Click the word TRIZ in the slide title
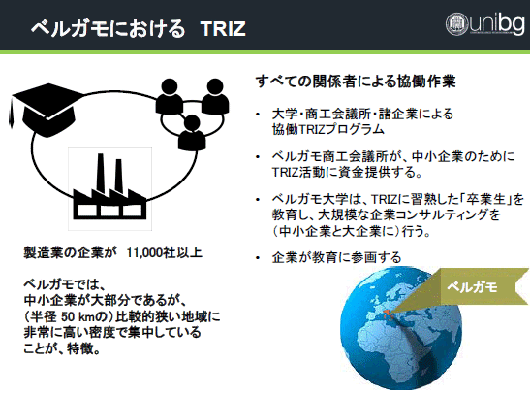(x=223, y=29)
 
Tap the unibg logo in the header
(x=485, y=23)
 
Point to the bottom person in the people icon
(x=192, y=133)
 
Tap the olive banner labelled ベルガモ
(x=480, y=287)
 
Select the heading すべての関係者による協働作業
(x=356, y=82)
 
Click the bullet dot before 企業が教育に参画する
(x=258, y=258)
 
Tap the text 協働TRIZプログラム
(x=328, y=129)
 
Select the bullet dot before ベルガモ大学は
(x=258, y=200)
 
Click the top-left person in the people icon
(x=170, y=96)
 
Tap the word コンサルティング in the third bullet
(x=439, y=214)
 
